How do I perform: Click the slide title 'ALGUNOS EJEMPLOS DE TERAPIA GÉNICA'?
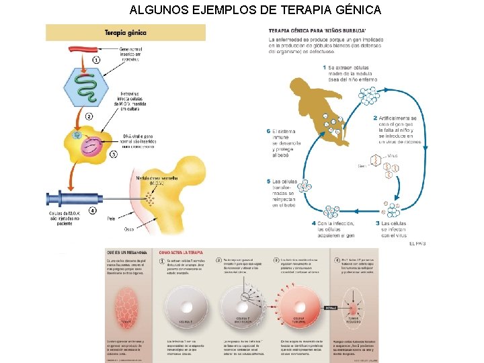[x=255, y=10]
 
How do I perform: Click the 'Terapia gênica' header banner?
[x=125, y=32]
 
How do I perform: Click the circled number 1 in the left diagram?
[x=97, y=60]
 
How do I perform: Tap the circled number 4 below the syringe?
[x=92, y=210]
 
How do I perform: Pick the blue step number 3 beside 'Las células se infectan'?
[x=378, y=223]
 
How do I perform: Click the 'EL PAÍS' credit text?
[x=417, y=243]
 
